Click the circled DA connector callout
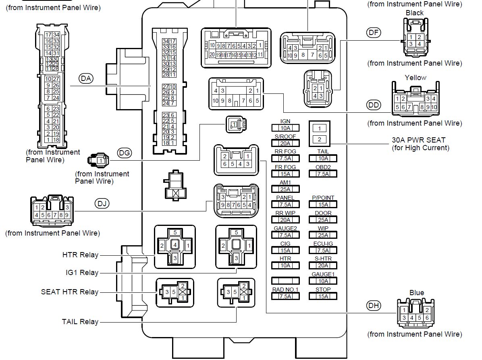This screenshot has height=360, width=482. pyautogui.click(x=86, y=79)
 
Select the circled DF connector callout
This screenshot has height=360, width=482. pyautogui.click(x=374, y=33)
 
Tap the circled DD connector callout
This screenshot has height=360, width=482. pyautogui.click(x=374, y=105)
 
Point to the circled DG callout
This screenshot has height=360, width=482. pyautogui.click(x=125, y=153)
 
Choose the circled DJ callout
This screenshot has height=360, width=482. pyautogui.click(x=102, y=204)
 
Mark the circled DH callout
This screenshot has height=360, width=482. pyautogui.click(x=374, y=306)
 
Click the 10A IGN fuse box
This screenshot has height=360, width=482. pyautogui.click(x=285, y=128)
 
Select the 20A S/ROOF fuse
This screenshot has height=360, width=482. pyautogui.click(x=285, y=143)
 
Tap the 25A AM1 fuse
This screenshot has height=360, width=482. pyautogui.click(x=285, y=189)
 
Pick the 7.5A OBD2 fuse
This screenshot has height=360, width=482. pyautogui.click(x=323, y=174)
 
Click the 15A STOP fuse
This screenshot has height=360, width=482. pyautogui.click(x=323, y=296)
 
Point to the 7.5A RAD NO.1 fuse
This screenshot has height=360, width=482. pyautogui.click(x=285, y=296)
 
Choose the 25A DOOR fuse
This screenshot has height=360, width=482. pyautogui.click(x=323, y=220)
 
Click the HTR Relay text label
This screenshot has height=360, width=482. pyautogui.click(x=80, y=255)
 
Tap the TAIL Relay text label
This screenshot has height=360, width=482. pyautogui.click(x=80, y=322)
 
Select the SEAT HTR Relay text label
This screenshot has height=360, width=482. pyautogui.click(x=70, y=292)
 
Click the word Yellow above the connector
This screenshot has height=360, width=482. pyautogui.click(x=415, y=78)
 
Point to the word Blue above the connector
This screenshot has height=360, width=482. pyautogui.click(x=417, y=293)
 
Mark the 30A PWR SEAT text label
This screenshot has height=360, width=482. pyautogui.click(x=418, y=140)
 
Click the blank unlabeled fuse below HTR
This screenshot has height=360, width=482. pyautogui.click(x=285, y=281)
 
